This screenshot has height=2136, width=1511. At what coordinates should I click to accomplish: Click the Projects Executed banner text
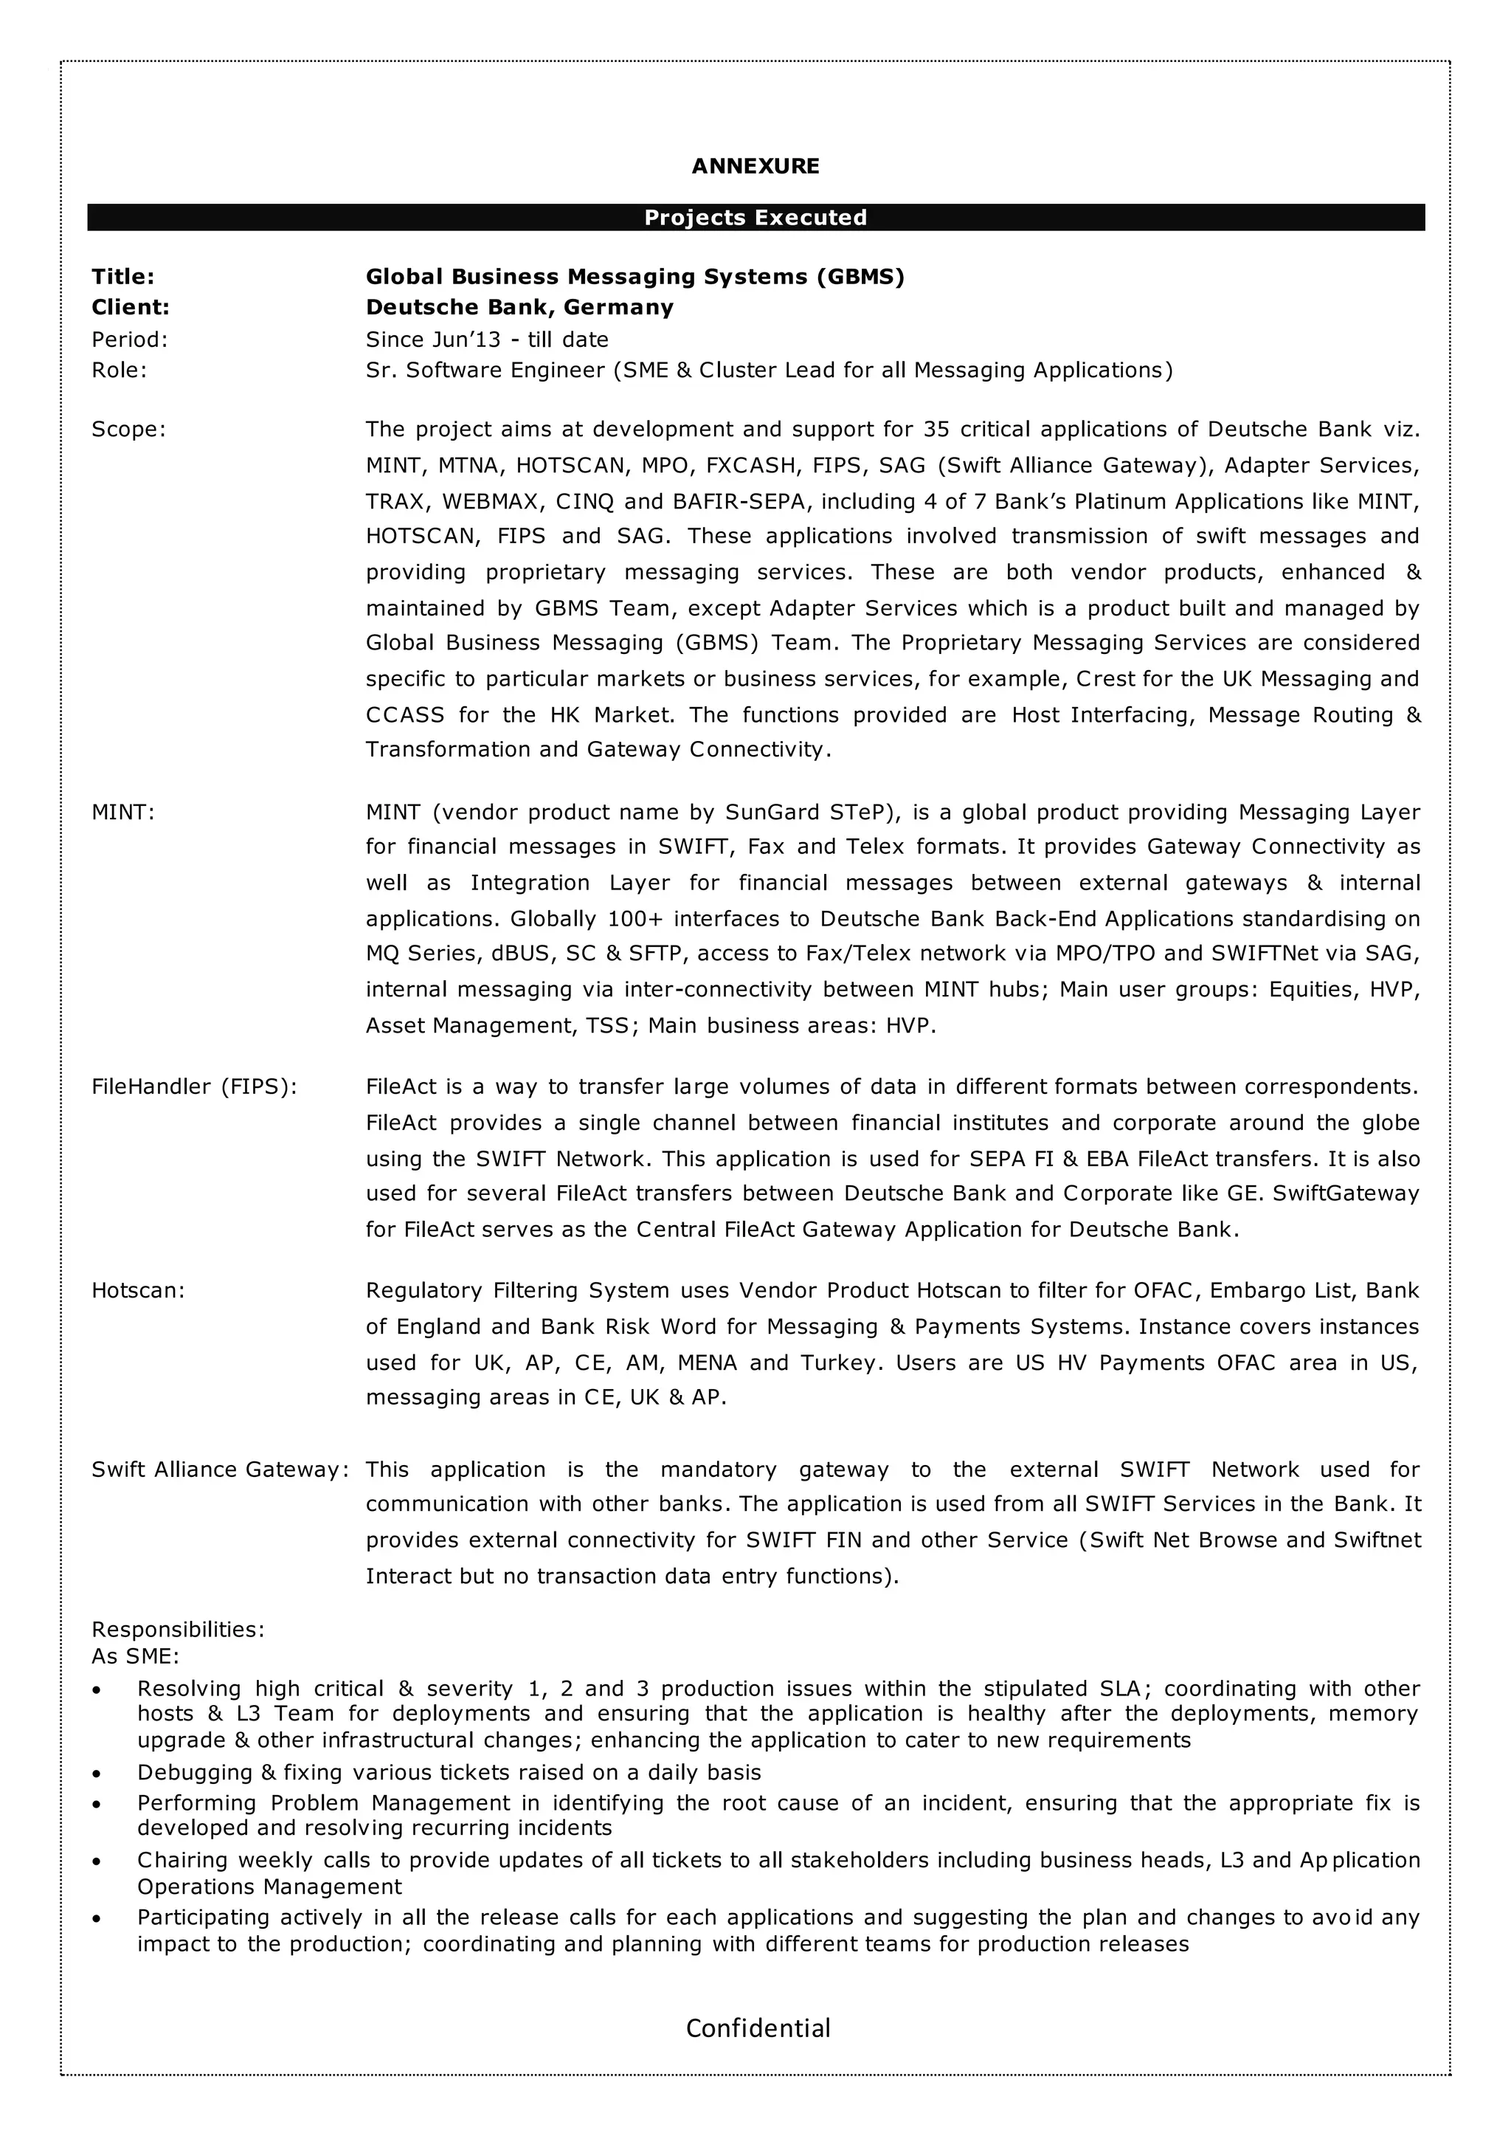click(755, 218)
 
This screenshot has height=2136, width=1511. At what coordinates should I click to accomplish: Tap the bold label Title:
click(122, 277)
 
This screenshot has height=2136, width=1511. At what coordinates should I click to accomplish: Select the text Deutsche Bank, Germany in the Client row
click(519, 307)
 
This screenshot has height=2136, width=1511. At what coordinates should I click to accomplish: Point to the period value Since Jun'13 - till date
click(487, 340)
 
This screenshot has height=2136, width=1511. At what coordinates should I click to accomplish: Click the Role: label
click(119, 371)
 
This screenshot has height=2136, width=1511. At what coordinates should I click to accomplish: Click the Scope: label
click(128, 429)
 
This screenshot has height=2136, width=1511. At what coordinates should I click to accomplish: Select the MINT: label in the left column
click(122, 812)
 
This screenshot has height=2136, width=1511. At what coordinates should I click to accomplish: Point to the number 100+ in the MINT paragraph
click(635, 919)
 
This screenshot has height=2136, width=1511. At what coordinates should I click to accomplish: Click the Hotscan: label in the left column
click(138, 1290)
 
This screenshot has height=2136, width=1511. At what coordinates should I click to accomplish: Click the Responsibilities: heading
click(178, 1629)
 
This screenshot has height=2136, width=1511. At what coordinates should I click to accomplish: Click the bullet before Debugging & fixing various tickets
click(97, 1774)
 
